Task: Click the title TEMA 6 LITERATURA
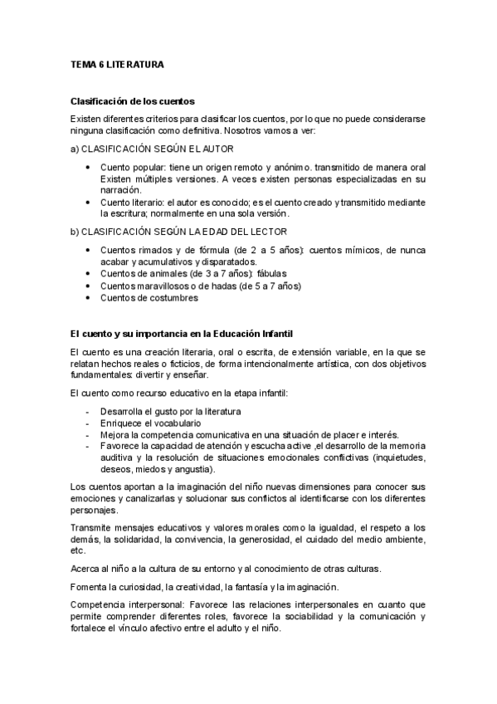click(x=116, y=63)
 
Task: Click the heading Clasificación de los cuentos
click(x=133, y=101)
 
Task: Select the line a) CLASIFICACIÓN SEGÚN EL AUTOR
click(x=152, y=149)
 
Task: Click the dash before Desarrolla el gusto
click(x=88, y=411)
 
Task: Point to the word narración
click(x=119, y=190)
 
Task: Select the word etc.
click(x=79, y=550)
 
